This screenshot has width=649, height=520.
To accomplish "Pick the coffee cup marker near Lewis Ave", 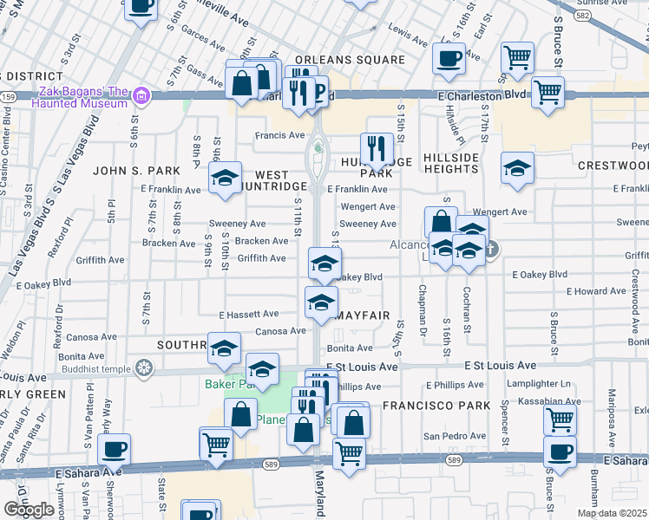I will pyautogui.click(x=449, y=58).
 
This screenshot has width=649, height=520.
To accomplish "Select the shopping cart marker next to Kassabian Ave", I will pyautogui.click(x=560, y=419).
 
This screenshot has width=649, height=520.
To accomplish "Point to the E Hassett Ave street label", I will pyautogui.click(x=249, y=314).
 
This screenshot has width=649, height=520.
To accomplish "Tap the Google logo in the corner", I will pyautogui.click(x=29, y=510).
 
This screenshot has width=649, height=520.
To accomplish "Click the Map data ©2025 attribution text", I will pyautogui.click(x=613, y=513).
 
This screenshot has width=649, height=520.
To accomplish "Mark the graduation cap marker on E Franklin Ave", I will pyautogui.click(x=226, y=179).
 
